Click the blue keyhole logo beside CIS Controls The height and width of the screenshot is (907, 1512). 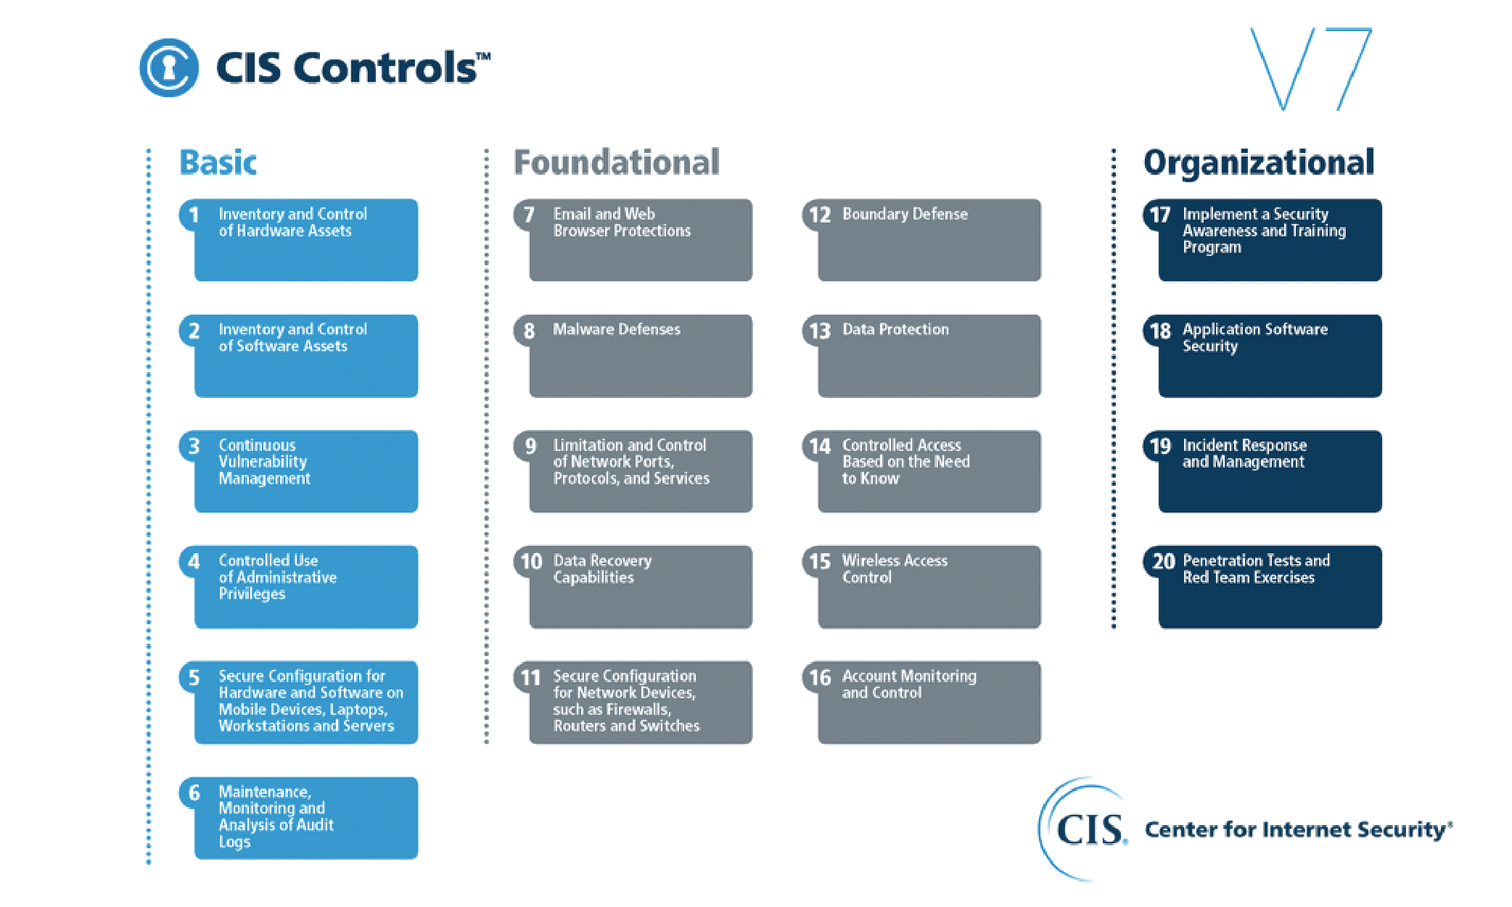168,67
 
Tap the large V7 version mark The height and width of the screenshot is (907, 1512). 1311,69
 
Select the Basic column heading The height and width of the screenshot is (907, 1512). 218,162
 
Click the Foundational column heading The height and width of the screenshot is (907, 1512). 617,162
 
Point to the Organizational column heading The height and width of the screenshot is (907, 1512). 1259,163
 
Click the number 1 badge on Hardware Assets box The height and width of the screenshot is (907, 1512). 194,215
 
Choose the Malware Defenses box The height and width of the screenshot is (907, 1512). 633,355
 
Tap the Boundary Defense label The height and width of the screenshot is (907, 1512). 905,214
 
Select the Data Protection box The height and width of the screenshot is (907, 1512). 921,355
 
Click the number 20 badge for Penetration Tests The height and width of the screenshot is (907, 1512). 1163,561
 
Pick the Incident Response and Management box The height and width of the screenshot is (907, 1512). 1262,471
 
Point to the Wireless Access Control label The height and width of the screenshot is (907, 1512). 895,568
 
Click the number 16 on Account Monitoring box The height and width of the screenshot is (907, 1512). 820,677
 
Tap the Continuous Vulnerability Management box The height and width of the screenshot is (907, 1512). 299,471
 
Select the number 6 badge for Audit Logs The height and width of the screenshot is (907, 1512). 194,792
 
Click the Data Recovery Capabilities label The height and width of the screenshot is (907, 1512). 602,568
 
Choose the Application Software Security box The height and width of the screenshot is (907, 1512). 1262,355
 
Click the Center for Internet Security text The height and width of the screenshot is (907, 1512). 1299,829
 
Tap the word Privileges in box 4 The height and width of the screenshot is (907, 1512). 252,594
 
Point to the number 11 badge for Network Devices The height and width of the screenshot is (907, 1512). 530,677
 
